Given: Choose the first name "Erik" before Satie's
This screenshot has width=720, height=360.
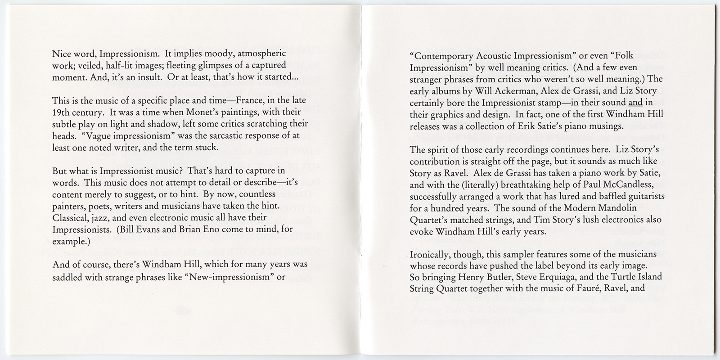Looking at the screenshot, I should coord(535,126).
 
